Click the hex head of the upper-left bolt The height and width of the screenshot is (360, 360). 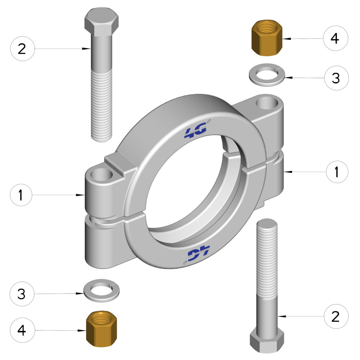102,22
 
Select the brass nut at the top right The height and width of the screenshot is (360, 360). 267,37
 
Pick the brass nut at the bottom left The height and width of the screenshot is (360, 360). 102,329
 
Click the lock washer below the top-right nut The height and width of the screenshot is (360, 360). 267,75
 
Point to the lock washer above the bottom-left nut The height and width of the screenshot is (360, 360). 101,291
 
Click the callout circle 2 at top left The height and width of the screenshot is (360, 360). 22,49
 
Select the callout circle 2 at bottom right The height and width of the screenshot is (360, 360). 336,316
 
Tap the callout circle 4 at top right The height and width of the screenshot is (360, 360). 336,38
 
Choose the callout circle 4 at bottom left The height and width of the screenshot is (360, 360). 22,330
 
